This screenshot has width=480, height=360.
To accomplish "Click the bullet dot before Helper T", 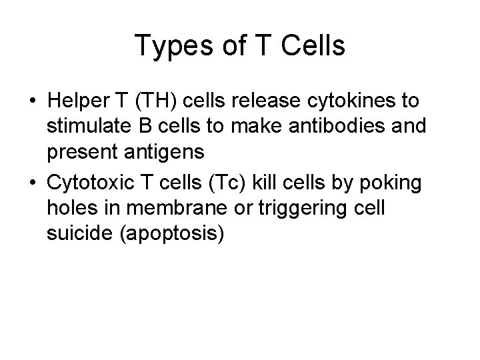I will [33, 103].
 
